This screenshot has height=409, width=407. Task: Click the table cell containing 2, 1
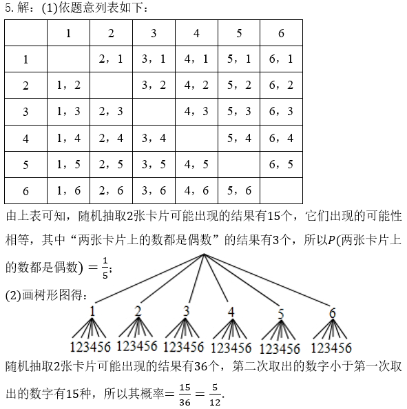[111, 59]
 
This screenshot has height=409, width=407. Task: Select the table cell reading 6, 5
[281, 165]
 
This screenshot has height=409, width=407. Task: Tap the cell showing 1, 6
[68, 190]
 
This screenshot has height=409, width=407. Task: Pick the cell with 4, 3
[196, 112]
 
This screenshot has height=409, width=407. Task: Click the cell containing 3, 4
[154, 138]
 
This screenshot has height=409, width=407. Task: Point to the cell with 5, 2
[239, 86]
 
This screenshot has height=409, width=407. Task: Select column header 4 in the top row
[196, 33]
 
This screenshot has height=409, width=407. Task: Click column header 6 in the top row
[281, 33]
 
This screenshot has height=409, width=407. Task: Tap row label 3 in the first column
[25, 112]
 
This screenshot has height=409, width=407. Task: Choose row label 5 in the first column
[25, 165]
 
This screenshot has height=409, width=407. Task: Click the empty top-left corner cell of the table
[25, 33]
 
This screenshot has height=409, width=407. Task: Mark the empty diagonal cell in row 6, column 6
[281, 190]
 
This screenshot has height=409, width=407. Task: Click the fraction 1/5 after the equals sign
[105, 268]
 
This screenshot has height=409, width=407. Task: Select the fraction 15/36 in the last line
[185, 395]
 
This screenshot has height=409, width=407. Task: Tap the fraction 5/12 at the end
[215, 395]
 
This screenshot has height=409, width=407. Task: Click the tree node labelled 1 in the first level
[92, 311]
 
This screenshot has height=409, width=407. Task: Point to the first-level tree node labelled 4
[231, 312]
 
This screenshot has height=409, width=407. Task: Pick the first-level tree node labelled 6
[333, 313]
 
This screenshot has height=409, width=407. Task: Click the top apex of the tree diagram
[204, 254]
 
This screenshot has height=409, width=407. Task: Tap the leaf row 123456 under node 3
[184, 347]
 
